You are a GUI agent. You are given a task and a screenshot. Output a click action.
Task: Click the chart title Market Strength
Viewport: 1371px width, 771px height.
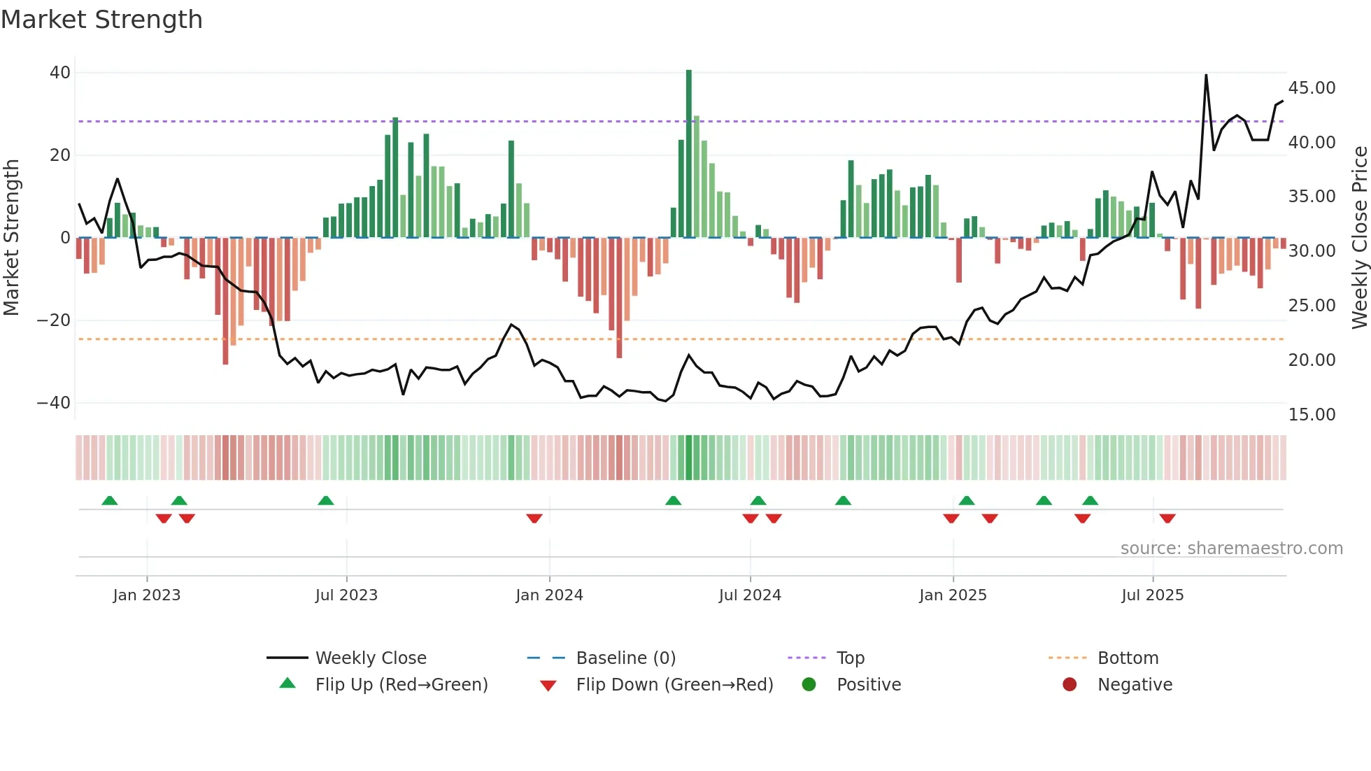tap(101, 20)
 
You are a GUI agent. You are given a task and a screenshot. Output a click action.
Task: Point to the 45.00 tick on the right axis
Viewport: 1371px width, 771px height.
tap(1312, 88)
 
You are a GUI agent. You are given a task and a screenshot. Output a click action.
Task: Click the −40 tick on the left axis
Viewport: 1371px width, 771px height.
tap(54, 403)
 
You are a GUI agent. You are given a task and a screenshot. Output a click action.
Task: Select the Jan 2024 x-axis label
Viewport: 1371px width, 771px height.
tap(549, 595)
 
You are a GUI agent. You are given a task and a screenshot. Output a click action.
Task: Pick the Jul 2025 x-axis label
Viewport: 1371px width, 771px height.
tap(1152, 595)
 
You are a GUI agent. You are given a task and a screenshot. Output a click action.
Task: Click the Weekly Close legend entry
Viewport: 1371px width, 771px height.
tap(370, 658)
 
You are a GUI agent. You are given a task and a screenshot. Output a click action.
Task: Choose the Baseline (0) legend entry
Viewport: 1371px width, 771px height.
tap(625, 658)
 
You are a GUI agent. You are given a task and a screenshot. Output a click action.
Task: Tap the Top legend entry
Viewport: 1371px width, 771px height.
tap(850, 658)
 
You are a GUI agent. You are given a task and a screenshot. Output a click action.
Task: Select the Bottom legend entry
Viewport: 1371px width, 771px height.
tap(1128, 658)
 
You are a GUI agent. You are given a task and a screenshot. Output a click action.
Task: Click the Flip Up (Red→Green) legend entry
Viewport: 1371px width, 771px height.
tap(401, 685)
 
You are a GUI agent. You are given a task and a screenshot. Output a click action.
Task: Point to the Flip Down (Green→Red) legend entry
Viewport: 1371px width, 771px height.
tap(674, 685)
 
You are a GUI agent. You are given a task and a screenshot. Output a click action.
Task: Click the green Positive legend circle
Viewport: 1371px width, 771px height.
tap(809, 685)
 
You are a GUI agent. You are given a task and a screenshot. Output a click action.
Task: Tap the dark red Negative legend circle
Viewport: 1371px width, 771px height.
tap(1070, 685)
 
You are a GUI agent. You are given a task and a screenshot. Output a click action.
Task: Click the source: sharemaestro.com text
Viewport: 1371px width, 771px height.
tap(1231, 549)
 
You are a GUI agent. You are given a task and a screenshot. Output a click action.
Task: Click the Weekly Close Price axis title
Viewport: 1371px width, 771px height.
tap(1359, 237)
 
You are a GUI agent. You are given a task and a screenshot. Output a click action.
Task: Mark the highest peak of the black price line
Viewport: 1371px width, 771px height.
tap(1206, 76)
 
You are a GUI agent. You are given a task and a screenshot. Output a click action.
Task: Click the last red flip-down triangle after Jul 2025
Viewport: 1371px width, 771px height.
tap(1167, 518)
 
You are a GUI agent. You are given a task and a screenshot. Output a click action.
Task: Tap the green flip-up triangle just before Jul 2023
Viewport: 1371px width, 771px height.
tap(326, 500)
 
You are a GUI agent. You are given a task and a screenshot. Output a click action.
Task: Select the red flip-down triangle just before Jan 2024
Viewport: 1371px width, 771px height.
tap(534, 518)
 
